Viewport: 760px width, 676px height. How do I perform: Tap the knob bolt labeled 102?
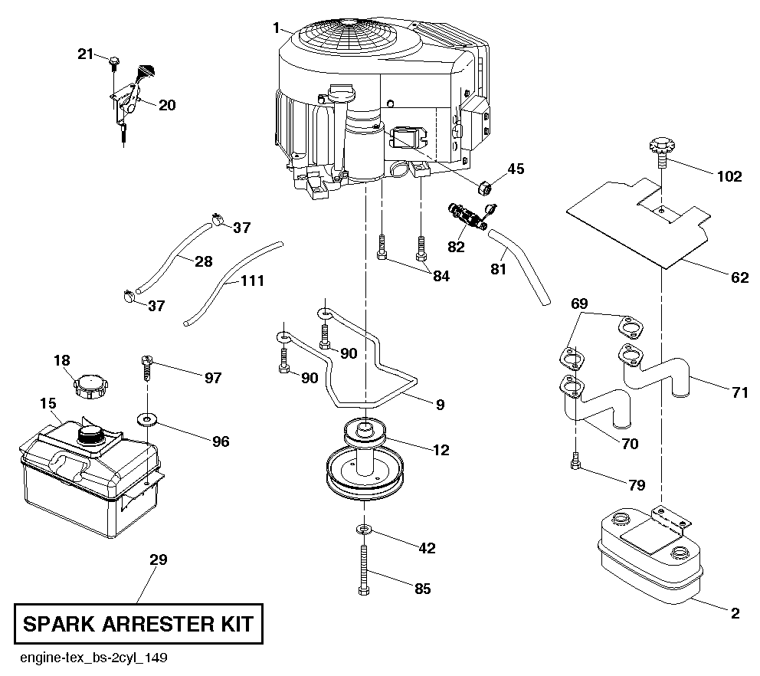tap(660, 149)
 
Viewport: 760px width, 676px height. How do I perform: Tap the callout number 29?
tap(158, 560)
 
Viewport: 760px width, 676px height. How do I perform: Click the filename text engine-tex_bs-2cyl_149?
tap(94, 658)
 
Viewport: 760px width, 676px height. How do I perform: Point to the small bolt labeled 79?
tap(575, 461)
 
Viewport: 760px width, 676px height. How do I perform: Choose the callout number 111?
tap(252, 281)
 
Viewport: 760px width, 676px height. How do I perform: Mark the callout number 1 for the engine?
tap(274, 28)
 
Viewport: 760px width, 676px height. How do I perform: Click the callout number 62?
tap(740, 278)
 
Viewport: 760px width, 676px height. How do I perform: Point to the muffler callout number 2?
tap(735, 612)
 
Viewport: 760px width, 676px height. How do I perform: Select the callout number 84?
tap(441, 277)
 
